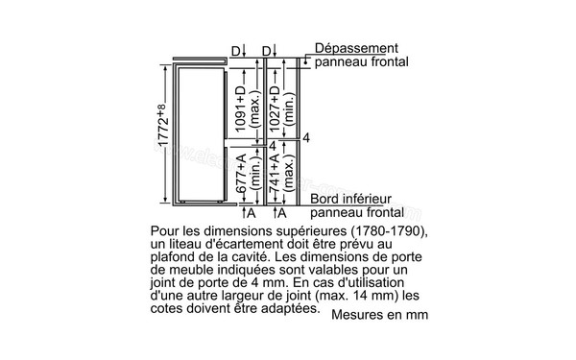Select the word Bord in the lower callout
coord(326,199)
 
